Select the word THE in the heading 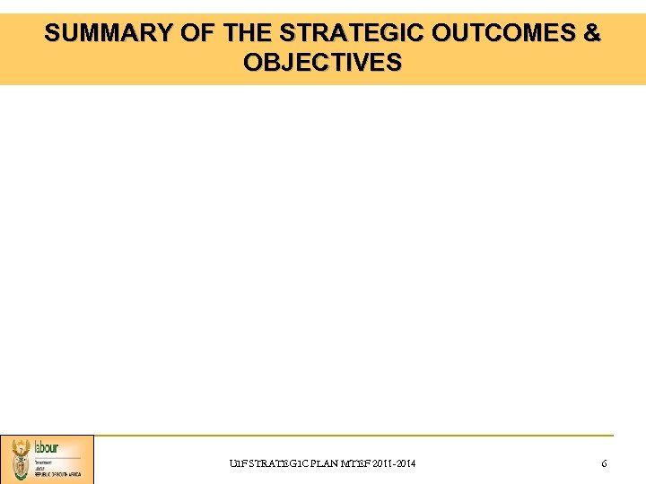[x=249, y=34]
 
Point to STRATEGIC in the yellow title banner [x=352, y=34]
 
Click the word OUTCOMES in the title [x=503, y=34]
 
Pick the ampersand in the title [x=592, y=34]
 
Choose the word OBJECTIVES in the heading [x=323, y=63]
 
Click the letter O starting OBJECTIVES [x=252, y=63]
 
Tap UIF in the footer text [x=238, y=463]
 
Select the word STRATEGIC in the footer [x=278, y=463]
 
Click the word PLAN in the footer [x=325, y=463]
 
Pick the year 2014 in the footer [x=406, y=463]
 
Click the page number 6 [x=604, y=463]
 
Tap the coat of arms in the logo [x=20, y=460]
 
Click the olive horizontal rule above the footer [x=359, y=436]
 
